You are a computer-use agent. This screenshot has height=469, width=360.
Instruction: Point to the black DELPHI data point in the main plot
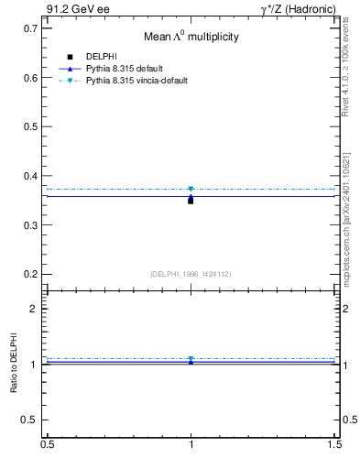click(x=191, y=200)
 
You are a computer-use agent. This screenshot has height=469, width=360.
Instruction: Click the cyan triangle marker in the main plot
click(x=191, y=189)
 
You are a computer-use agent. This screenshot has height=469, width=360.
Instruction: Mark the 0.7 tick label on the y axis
click(x=30, y=28)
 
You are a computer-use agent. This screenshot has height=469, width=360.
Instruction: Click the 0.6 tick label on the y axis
click(x=30, y=78)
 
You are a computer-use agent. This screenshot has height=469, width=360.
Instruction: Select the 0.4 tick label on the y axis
click(x=30, y=176)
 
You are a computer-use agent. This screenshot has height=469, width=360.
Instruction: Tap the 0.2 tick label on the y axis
click(x=30, y=274)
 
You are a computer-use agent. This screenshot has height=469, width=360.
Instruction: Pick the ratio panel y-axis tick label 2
click(x=34, y=309)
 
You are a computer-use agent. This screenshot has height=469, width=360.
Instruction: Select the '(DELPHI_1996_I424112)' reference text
click(x=191, y=273)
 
